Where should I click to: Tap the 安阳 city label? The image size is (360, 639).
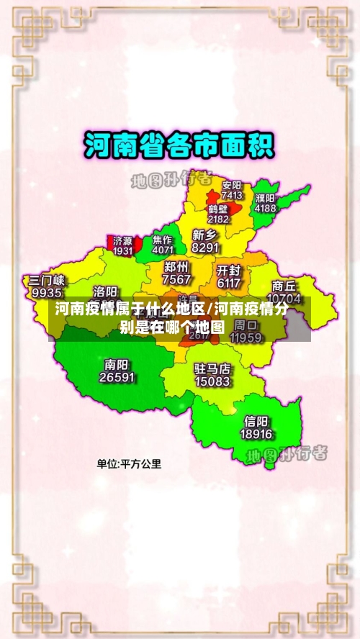[x=232, y=185]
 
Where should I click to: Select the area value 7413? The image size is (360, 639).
[x=232, y=195]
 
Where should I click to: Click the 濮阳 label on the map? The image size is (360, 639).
[x=265, y=198]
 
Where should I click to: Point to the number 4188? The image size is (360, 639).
[x=265, y=208]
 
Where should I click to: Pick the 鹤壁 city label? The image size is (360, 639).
[x=218, y=209]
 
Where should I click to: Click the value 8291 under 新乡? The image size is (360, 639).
[x=206, y=247]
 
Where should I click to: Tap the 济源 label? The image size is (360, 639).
[x=123, y=241]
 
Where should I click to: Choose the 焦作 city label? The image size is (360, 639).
[x=163, y=240]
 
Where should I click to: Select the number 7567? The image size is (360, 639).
[x=177, y=279]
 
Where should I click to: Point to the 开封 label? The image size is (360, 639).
[x=228, y=271]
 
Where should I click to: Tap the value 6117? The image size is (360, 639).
[x=228, y=283]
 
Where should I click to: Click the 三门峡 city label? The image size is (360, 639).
[x=47, y=281]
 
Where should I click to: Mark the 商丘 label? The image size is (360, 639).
[x=284, y=286]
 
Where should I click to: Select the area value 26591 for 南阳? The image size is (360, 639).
[x=117, y=376]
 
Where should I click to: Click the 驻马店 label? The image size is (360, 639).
[x=212, y=368]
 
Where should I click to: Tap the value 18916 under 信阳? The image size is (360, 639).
[x=256, y=434]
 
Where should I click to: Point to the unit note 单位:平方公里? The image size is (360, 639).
[x=130, y=464]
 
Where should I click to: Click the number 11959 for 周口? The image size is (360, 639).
[x=246, y=337]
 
